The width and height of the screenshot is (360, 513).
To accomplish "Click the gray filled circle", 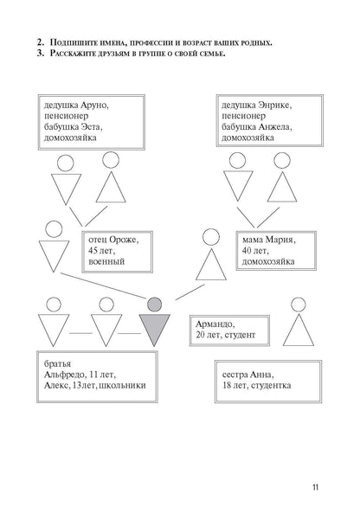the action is [154, 305].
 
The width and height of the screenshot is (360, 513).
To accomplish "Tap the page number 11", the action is [316, 487].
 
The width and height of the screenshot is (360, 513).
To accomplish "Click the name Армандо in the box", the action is [215, 324].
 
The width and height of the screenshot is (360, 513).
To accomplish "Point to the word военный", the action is [106, 262].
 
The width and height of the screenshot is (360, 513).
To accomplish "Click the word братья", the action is [58, 364].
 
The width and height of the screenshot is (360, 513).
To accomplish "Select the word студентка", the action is [271, 386].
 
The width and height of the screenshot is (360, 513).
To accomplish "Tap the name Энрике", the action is [275, 106].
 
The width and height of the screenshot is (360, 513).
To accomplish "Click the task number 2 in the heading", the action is [41, 42].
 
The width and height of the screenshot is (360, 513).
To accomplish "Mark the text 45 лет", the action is [102, 251].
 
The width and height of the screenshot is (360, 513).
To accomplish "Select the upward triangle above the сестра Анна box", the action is [299, 330].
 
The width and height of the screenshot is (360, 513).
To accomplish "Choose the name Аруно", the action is [95, 106].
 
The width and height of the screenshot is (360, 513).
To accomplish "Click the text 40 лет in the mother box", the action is [255, 251].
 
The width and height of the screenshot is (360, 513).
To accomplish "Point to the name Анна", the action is [262, 375].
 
